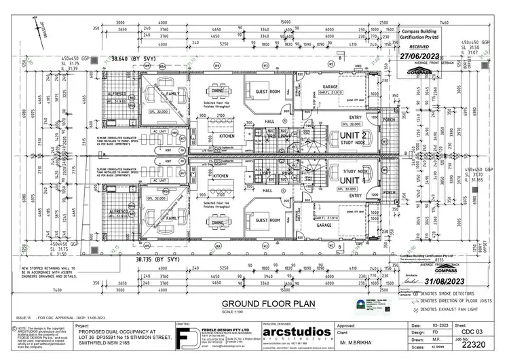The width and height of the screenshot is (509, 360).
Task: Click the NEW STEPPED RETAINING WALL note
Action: point(53,270)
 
